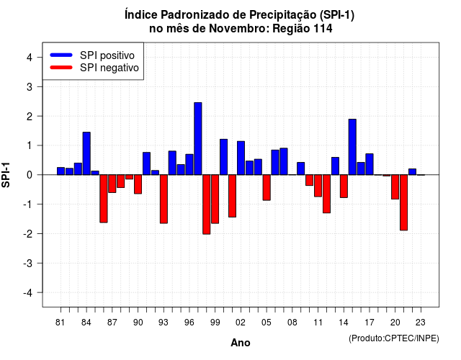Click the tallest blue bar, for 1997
pyautogui.click(x=198, y=139)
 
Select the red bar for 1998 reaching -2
pyautogui.click(x=207, y=204)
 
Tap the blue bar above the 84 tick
pyautogui.click(x=86, y=153)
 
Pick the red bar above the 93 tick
pyautogui.click(x=164, y=199)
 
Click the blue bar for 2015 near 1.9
pyautogui.click(x=352, y=147)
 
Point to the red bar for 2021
pyautogui.click(x=403, y=202)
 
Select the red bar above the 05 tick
pyautogui.click(x=267, y=187)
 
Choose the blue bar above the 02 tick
pyautogui.click(x=241, y=158)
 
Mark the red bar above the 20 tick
pyautogui.click(x=395, y=187)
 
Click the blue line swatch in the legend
pyautogui.click(x=61, y=55)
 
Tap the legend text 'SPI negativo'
pyautogui.click(x=109, y=68)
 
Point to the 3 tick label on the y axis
pyautogui.click(x=30, y=87)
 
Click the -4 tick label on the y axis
pyautogui.click(x=28, y=293)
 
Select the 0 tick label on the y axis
pyautogui.click(x=30, y=175)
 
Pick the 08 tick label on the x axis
pyautogui.click(x=292, y=323)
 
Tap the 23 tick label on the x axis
pyautogui.click(x=421, y=323)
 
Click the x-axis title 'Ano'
pyautogui.click(x=241, y=343)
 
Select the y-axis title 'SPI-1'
pyautogui.click(x=6, y=175)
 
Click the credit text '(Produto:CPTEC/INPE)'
pyautogui.click(x=394, y=338)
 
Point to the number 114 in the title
pyautogui.click(x=323, y=29)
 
